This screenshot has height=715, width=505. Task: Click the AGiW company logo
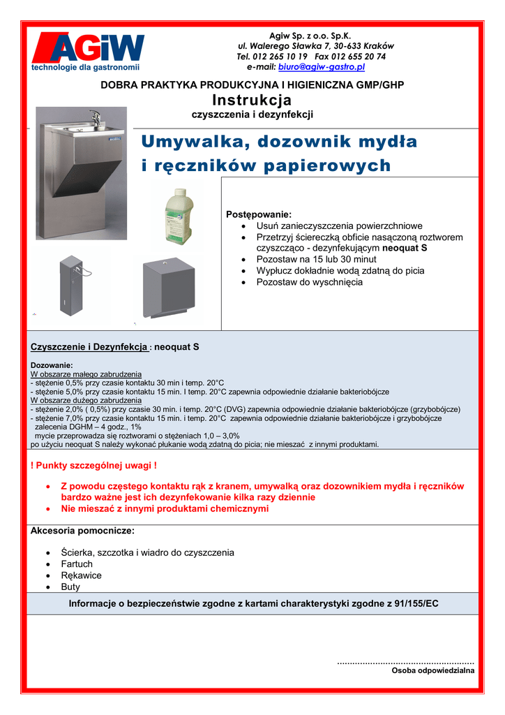click(x=87, y=50)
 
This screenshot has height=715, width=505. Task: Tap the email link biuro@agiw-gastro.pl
click(x=322, y=67)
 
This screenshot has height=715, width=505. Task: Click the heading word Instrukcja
click(x=252, y=101)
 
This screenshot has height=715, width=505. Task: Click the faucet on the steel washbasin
click(x=94, y=117)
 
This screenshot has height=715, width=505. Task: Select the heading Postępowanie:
click(x=259, y=214)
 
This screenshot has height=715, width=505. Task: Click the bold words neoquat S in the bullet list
click(x=405, y=248)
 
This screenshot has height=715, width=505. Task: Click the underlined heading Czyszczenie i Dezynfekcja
click(x=89, y=346)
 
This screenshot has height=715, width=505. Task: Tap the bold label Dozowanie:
click(x=52, y=365)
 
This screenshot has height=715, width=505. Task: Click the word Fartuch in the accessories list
click(x=77, y=564)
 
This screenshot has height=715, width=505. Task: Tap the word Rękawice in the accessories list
click(x=81, y=575)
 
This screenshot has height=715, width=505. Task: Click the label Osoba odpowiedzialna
click(x=432, y=670)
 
